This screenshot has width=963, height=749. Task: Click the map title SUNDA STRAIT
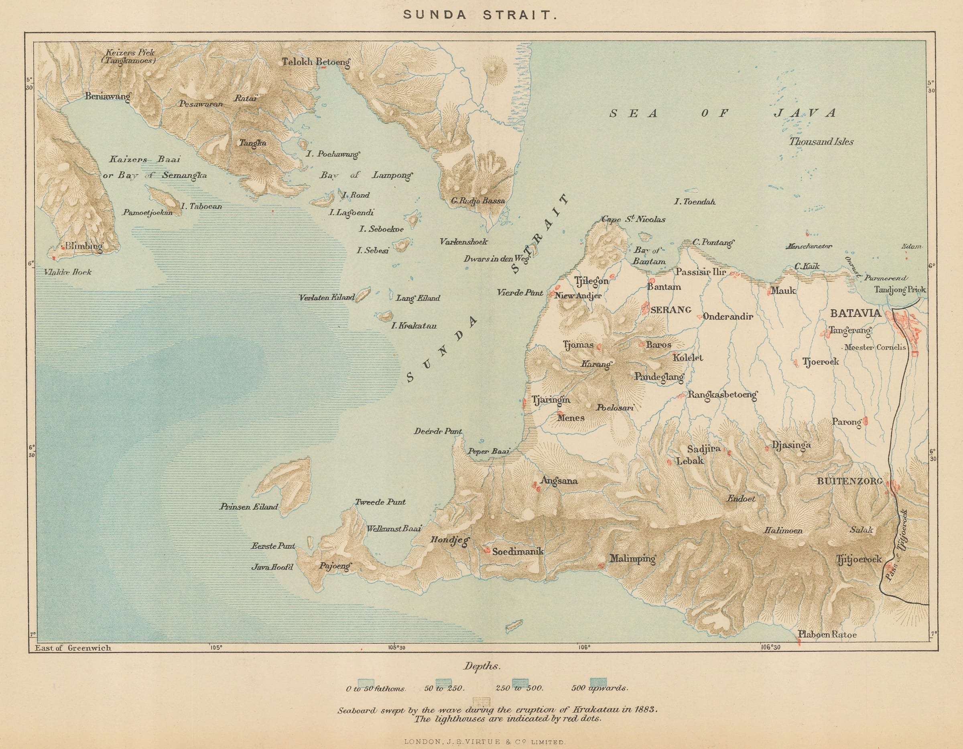coord(481,14)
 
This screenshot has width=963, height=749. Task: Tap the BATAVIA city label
coord(855,313)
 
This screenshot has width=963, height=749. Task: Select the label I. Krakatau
coord(414,326)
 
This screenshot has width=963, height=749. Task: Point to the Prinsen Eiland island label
coord(249,507)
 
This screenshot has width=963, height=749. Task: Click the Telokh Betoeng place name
coord(316,62)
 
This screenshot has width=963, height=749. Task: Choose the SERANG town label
coord(670,309)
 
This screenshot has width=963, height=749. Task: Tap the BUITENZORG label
coord(850,481)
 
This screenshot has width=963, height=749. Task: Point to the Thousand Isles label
coord(821,142)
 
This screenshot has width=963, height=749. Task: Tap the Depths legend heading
coord(481,666)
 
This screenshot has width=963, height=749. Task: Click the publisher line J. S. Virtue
coord(481,742)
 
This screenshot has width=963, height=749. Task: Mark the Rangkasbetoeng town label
coord(722,395)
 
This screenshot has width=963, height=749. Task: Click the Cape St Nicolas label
coord(633,219)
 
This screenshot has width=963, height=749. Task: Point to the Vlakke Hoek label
coord(67,272)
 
